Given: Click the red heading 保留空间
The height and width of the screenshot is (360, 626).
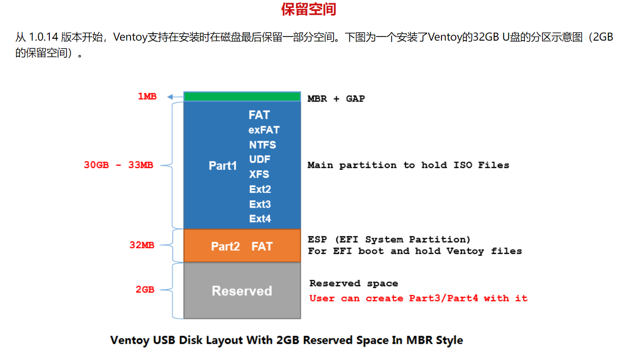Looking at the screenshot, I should click(309, 10).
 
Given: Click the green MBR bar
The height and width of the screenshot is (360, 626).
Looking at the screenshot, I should click(242, 96).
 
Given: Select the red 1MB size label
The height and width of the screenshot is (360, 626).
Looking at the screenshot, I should click(147, 96).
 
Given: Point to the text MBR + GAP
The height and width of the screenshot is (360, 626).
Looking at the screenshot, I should click(336, 98).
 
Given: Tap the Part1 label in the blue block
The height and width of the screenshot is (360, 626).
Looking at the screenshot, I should click(223, 166).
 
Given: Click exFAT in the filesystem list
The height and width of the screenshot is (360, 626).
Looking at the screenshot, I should click(264, 130).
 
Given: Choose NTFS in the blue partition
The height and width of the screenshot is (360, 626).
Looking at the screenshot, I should click(262, 145).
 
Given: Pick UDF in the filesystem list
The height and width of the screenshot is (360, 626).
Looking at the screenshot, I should click(260, 160).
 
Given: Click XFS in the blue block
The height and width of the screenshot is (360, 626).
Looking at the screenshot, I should click(259, 174).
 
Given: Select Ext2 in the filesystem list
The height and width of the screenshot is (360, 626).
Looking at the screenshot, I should click(260, 189).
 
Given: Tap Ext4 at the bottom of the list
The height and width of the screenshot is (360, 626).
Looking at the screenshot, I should click(260, 219).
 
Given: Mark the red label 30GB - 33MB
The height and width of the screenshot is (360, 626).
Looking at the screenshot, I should click(119, 165).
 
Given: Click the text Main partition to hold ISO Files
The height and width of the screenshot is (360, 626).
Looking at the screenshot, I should click(408, 165).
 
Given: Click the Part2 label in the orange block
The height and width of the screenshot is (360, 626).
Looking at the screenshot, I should click(225, 246).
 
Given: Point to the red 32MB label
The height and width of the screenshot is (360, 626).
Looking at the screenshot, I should click(142, 245).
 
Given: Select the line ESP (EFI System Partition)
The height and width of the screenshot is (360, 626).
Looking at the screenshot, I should click(389, 240).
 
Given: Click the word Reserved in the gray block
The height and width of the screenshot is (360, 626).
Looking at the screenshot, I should click(242, 291).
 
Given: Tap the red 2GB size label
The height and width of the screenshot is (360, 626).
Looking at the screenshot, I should click(145, 290).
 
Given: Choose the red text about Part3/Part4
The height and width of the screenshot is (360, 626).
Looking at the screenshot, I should click(418, 298).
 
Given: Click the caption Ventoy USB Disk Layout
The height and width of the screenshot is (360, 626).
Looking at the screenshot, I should click(286, 341).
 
